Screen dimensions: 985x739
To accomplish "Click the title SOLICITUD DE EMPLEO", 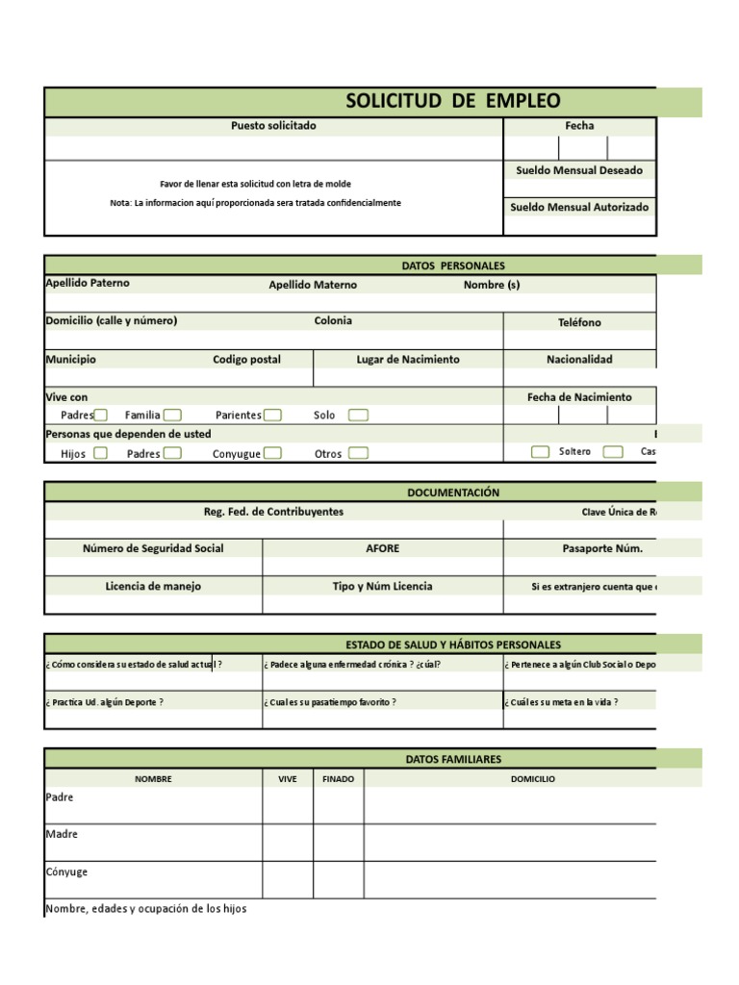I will [x=452, y=101].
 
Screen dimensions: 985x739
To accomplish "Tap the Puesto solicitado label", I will [x=273, y=126].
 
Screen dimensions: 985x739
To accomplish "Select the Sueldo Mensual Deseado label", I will [x=579, y=170].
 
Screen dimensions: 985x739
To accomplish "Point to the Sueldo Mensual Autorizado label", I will [x=579, y=207].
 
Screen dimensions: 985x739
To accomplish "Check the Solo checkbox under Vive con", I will [x=358, y=416].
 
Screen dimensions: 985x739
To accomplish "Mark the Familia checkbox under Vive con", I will [x=172, y=416].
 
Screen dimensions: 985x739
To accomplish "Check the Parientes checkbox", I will [x=272, y=416].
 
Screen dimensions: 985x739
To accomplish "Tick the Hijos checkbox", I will [x=100, y=453].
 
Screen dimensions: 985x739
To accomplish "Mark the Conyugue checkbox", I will [x=272, y=453].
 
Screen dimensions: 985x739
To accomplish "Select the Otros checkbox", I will [x=358, y=453].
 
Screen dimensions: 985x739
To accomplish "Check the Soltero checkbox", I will [x=541, y=452].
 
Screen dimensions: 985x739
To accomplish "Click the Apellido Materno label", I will [x=312, y=285].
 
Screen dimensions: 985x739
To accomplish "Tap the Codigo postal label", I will [x=246, y=360].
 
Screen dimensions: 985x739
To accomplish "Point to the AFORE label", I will [x=382, y=548].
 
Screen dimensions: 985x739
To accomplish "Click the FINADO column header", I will [x=338, y=779].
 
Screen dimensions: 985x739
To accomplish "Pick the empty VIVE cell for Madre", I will [x=288, y=842].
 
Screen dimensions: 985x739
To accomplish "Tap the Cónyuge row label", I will [x=66, y=871].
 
